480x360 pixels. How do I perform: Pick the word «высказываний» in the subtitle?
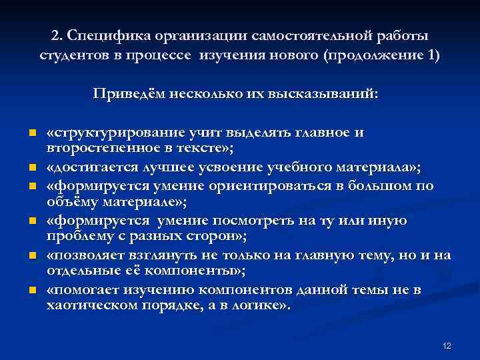click(333, 93)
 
